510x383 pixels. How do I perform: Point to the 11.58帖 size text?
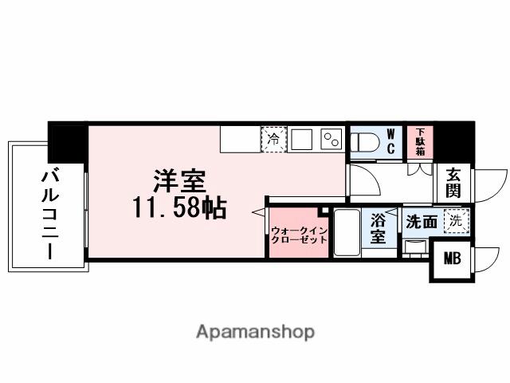pos(179,208)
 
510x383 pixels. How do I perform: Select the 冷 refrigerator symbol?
pos(273,139)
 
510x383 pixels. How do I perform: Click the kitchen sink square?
pos(301,139)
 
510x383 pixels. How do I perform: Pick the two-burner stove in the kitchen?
pos(330,139)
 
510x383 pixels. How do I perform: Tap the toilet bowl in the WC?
pos(366,141)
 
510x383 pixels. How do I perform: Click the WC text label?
pos(391,140)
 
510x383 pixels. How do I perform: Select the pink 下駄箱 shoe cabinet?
pos(419,140)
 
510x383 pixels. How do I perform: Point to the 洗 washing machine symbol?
pos(454,221)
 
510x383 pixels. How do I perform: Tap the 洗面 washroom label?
pos(421,222)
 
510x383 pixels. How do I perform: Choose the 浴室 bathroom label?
pos(378,227)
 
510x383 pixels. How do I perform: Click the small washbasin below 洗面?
pos(414,246)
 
